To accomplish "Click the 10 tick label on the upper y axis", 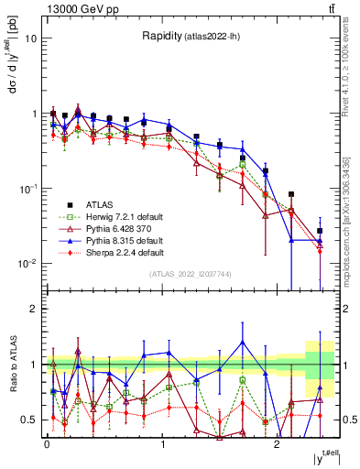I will (31, 39).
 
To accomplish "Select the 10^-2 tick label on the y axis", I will (27, 264).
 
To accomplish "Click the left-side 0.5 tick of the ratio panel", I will (31, 420).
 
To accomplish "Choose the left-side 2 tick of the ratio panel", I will (34, 309).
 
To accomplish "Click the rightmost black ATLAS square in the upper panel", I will (320, 231).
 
